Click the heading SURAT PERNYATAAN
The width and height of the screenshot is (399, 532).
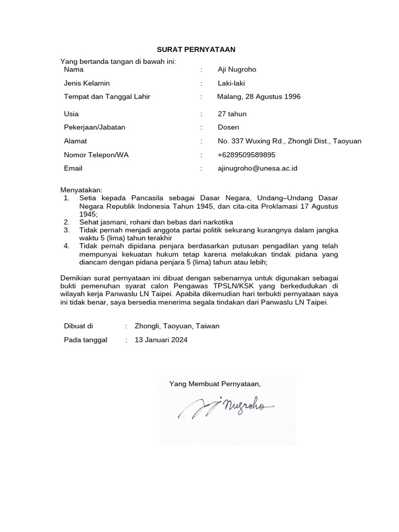(196, 49)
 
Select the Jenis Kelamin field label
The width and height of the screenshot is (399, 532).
(87, 83)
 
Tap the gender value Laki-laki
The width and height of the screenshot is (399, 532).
(231, 83)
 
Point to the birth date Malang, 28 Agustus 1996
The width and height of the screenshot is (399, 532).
(259, 97)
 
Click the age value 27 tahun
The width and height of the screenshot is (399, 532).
(232, 114)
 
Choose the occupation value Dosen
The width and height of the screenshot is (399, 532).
(229, 127)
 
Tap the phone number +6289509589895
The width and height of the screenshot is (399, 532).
(247, 155)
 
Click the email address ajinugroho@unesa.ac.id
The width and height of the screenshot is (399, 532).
(257, 168)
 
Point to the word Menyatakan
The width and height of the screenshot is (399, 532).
(82, 190)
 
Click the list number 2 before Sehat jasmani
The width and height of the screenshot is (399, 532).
(66, 222)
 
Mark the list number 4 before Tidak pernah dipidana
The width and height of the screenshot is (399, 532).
(66, 246)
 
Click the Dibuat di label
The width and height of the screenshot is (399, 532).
(78, 326)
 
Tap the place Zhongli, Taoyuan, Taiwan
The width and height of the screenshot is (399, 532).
(177, 326)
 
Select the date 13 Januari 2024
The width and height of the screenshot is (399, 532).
(161, 340)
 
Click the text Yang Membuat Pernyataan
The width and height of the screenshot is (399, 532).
(215, 384)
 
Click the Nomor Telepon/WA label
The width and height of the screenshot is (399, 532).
(96, 155)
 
